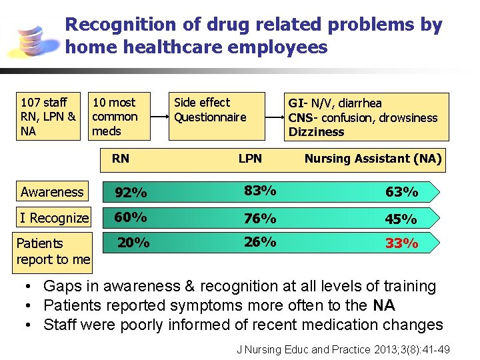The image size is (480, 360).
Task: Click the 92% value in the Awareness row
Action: point(131,193)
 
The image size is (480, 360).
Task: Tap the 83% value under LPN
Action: point(260,191)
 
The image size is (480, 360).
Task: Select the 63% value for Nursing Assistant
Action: point(402,193)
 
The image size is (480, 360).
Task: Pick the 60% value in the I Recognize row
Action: point(131,217)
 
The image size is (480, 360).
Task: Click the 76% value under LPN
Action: point(260,219)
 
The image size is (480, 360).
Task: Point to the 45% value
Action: point(402,219)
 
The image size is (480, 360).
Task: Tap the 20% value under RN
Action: point(133,243)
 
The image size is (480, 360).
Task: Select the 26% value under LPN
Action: point(260,242)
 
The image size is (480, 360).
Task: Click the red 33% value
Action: point(402,244)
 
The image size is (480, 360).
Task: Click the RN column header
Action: point(121,158)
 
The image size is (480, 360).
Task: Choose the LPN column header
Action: point(250,159)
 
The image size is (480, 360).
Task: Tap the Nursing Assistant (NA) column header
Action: point(373,159)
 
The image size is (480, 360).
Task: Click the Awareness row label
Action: point(52,192)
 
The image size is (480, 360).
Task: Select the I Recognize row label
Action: point(54,218)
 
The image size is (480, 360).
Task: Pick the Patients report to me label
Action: point(53,251)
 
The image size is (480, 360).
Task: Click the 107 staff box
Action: point(48,117)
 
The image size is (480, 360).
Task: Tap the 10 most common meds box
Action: point(119,117)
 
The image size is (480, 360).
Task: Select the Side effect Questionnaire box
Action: point(216,115)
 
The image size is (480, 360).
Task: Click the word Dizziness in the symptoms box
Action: point(316,132)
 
